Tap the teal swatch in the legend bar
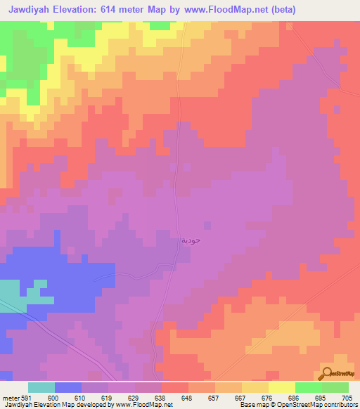(x=41, y=387)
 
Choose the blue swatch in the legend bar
(x=68, y=387)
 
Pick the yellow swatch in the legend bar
(x=282, y=387)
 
